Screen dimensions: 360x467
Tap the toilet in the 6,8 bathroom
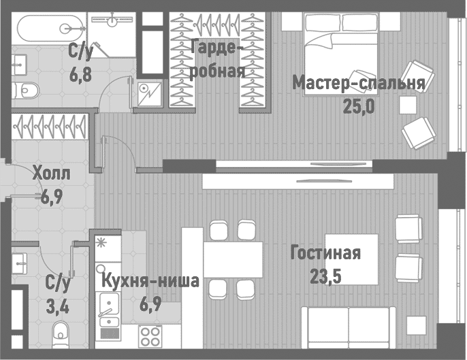27,88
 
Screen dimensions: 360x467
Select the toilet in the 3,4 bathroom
62,334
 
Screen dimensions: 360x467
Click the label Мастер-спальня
358,83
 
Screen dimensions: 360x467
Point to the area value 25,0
359,106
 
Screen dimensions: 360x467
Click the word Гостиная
325,253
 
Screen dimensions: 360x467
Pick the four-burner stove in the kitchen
150,336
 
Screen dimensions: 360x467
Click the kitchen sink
108,304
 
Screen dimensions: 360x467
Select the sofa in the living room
347,331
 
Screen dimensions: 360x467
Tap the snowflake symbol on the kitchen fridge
103,242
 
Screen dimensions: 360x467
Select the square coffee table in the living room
351,259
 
